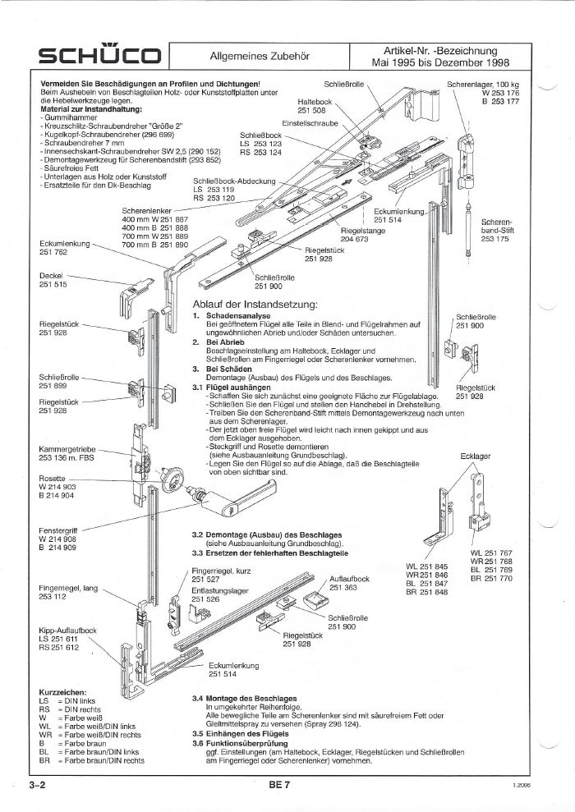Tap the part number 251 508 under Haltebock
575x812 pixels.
[311, 110]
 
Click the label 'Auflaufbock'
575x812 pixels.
[348, 579]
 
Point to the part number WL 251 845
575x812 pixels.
[427, 567]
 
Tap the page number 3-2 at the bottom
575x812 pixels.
[36, 786]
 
